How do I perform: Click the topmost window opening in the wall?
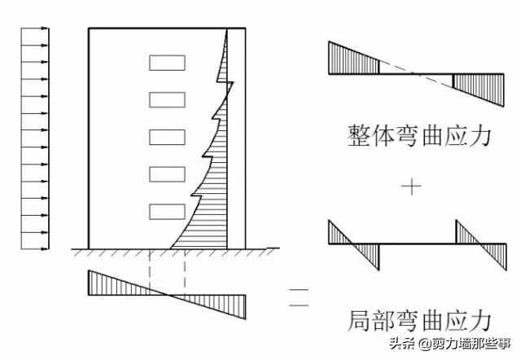167,62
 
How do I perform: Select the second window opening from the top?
167,99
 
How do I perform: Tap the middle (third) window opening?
167,137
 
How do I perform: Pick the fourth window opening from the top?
167,174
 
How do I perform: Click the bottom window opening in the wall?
167,212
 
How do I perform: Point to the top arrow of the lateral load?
33,31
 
